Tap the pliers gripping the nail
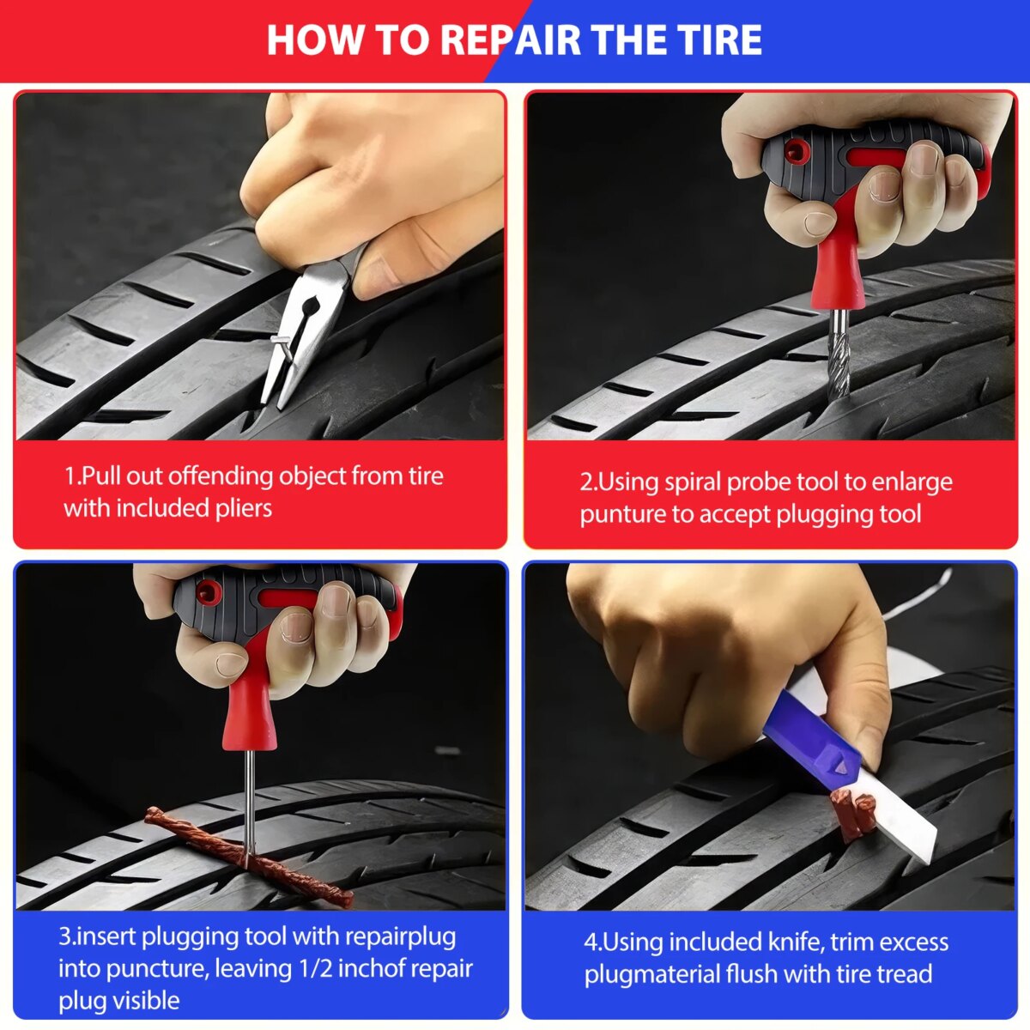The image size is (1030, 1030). coord(306,327)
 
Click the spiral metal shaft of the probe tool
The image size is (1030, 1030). coord(838,350)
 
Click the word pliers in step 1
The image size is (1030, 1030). coord(244,509)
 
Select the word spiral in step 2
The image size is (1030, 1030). coord(693,482)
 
